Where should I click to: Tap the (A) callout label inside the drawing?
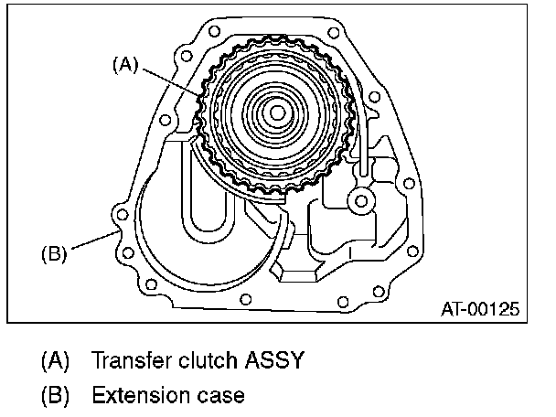[126, 65]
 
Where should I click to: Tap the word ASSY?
[274, 359]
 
